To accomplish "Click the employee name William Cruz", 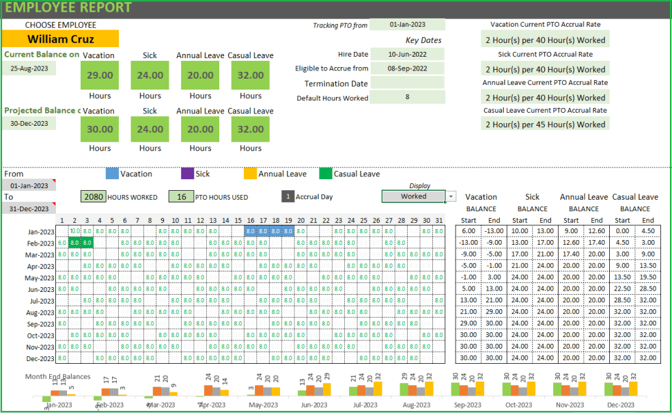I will [60, 39].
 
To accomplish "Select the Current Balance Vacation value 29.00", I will [100, 75].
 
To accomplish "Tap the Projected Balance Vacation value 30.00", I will [100, 129].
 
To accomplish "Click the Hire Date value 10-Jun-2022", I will [407, 54].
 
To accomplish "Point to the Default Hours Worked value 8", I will [407, 97].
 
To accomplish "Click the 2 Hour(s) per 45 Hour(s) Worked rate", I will [545, 124].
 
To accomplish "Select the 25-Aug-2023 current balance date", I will [29, 68].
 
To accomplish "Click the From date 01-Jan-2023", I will [29, 185].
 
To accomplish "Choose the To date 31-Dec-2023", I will [29, 209].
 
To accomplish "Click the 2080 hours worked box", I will [94, 197].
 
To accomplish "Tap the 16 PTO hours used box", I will [181, 197].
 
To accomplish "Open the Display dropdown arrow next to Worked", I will [451, 197].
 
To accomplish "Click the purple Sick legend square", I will [188, 174].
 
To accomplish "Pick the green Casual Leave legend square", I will [326, 174].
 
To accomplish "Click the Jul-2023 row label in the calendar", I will [42, 301].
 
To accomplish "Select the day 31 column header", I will [438, 220].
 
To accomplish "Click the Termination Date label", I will [336, 83].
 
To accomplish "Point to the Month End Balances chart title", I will [58, 376].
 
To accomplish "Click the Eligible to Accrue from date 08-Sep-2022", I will [407, 68].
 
